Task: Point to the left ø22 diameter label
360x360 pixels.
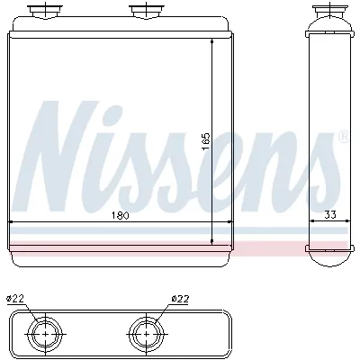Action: [x=15, y=298]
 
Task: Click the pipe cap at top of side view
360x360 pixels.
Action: [x=328, y=13]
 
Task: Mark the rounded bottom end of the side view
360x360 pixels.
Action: [x=328, y=258]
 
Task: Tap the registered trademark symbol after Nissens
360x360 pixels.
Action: [x=342, y=138]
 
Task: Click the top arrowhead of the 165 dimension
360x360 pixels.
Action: [x=212, y=42]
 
